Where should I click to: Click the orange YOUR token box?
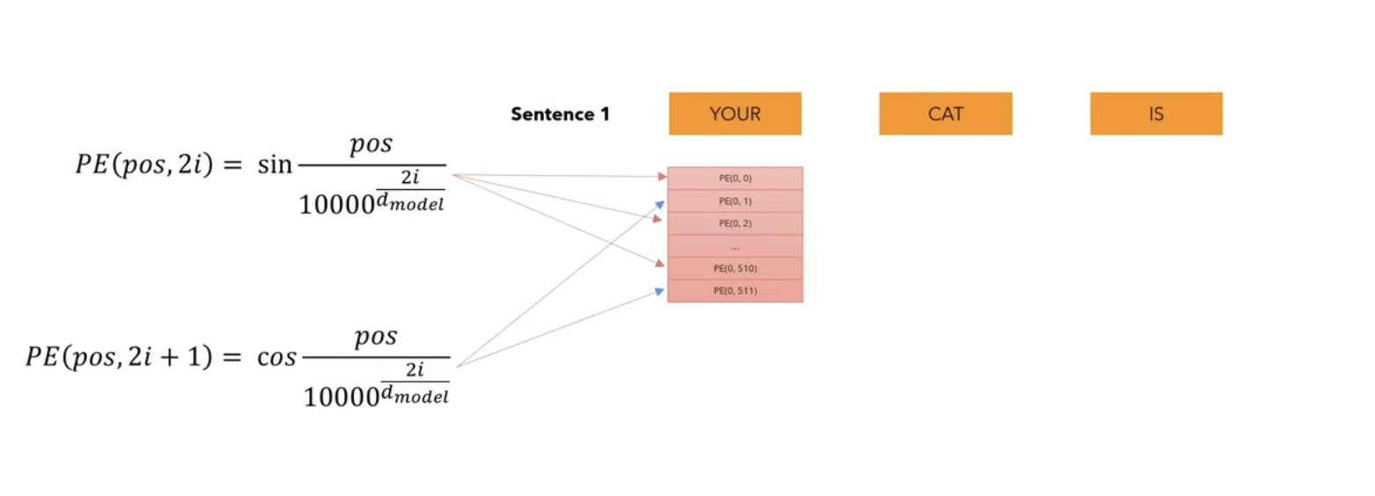pyautogui.click(x=735, y=113)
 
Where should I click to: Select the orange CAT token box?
pyautogui.click(x=945, y=113)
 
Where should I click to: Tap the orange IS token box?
pyautogui.click(x=1156, y=113)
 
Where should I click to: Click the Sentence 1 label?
pyautogui.click(x=560, y=114)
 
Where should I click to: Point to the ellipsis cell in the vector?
pyautogui.click(x=735, y=246)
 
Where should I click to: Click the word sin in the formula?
pyautogui.click(x=275, y=164)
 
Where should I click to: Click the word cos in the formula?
pyautogui.click(x=276, y=357)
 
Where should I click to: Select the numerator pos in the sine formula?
pyautogui.click(x=371, y=145)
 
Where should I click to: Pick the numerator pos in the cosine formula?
pyautogui.click(x=376, y=337)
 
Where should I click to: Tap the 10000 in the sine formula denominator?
pyautogui.click(x=336, y=205)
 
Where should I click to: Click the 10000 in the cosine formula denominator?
pyautogui.click(x=342, y=398)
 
